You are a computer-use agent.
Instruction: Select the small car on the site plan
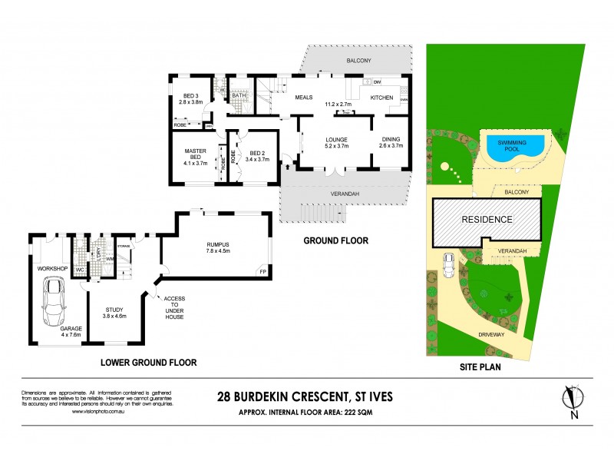tap(448, 265)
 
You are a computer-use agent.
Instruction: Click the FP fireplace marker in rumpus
tap(262, 272)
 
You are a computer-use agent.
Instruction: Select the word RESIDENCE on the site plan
tap(486, 219)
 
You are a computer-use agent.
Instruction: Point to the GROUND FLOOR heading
tap(335, 240)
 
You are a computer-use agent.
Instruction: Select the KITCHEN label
tap(381, 98)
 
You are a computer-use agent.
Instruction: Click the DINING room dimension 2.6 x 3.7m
tap(391, 145)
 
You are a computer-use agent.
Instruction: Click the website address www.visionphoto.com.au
tap(98, 412)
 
